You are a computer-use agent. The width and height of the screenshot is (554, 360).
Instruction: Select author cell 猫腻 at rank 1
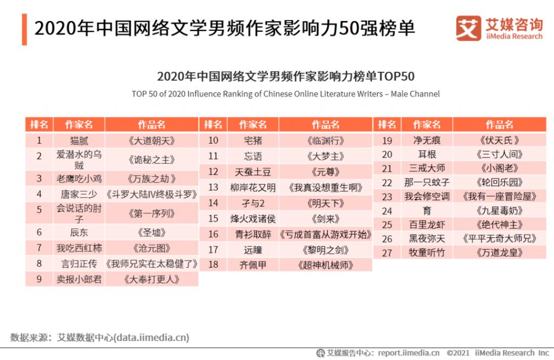pos(79,141)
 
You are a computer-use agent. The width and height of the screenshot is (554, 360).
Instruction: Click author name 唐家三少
pos(79,194)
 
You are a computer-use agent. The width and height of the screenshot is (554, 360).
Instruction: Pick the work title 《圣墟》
pos(151,232)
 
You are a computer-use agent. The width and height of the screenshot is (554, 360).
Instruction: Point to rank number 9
pos(39,279)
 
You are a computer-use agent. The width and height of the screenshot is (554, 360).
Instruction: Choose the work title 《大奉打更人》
pos(151,279)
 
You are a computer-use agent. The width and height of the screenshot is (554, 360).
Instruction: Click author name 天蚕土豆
pos(253,171)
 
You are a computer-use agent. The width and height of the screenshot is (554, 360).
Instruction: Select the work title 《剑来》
pos(326,218)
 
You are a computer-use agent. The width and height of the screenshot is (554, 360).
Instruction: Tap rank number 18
pos(213,265)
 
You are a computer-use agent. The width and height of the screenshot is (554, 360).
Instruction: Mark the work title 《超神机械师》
pos(326,265)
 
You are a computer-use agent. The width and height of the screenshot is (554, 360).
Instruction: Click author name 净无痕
pos(427,141)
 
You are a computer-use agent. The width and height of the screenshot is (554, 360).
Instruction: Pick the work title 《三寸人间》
pos(499,155)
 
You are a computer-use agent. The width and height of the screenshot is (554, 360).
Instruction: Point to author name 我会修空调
pos(427,197)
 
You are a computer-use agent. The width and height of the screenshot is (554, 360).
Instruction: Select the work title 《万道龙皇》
pos(499,252)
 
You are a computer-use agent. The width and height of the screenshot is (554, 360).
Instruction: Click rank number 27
pos(387,252)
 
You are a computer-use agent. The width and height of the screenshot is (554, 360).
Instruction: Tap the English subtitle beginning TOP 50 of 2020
pos(286,94)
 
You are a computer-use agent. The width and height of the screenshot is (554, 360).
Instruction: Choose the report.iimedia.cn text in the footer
pos(409,353)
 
